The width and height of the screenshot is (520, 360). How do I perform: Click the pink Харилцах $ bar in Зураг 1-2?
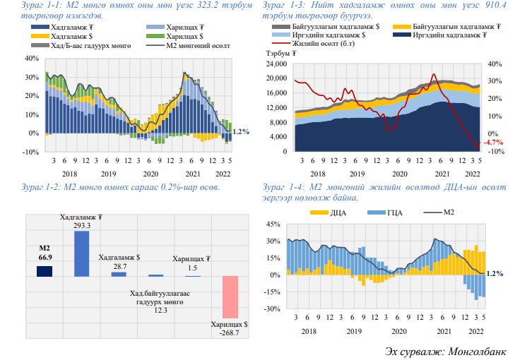231,296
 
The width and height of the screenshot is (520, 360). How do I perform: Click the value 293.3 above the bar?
82,225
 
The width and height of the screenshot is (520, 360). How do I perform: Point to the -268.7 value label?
230,332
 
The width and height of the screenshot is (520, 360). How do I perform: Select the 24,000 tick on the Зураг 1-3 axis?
276,64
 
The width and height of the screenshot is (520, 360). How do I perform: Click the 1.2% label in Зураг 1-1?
241,131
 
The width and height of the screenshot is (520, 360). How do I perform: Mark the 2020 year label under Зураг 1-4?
399,330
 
